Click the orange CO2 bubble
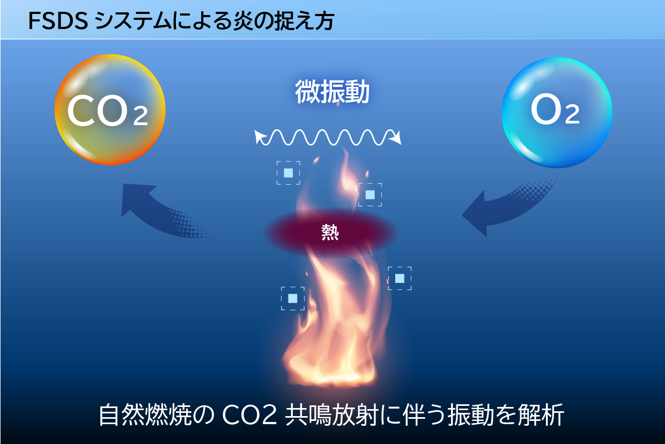110,110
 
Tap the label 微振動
332,92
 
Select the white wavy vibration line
329,137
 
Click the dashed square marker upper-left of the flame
289,173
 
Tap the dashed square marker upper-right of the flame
370,194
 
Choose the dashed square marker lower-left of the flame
293,299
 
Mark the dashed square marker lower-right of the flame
400,278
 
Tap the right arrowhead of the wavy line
397,138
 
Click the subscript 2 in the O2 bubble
572,115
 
